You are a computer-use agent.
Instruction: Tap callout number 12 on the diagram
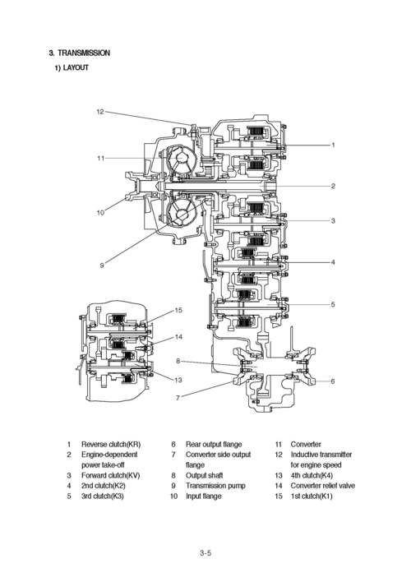point(99,111)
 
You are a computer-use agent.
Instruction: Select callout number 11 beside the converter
point(99,158)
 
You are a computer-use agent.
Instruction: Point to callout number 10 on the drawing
point(99,213)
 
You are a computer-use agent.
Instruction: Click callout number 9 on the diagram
point(102,266)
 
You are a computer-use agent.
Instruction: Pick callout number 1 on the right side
point(333,145)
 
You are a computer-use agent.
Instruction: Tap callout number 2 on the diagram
point(333,187)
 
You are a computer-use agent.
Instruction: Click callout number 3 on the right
point(333,221)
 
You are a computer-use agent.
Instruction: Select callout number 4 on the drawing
point(333,262)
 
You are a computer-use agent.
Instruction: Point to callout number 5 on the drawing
point(333,305)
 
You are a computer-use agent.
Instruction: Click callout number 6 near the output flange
point(333,381)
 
